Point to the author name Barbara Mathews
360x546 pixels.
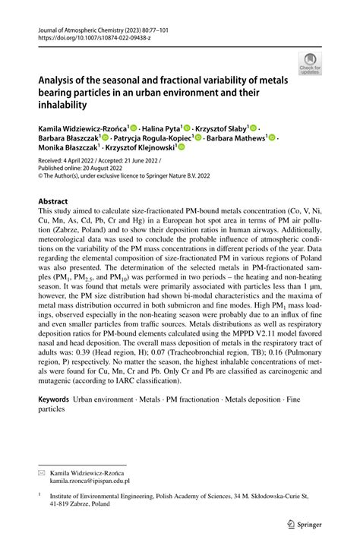235,138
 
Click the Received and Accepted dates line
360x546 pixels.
101,160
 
